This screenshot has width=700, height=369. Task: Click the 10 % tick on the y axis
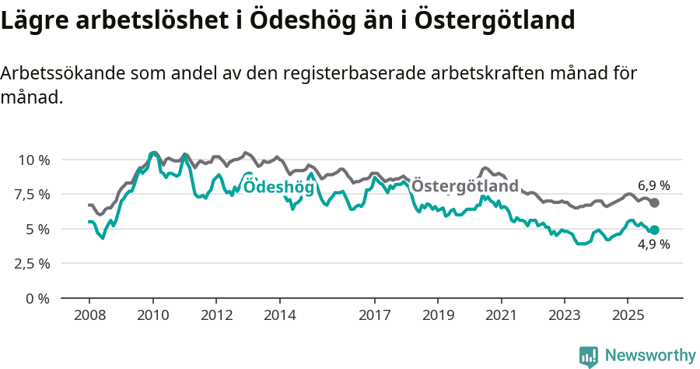pos(33,160)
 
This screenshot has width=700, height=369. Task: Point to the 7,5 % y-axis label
pos(33,194)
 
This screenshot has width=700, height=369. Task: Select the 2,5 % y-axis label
pos(33,263)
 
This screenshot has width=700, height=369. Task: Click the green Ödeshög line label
pos(273,186)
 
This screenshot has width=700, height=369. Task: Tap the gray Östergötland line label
pos(464,187)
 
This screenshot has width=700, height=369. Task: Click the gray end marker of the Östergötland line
pos(655,202)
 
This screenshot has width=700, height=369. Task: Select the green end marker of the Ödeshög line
pos(655,230)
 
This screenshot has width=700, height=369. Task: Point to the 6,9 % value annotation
pos(653,186)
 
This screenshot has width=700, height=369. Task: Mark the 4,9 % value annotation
pos(653,244)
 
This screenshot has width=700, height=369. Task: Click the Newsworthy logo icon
pos(589,356)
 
